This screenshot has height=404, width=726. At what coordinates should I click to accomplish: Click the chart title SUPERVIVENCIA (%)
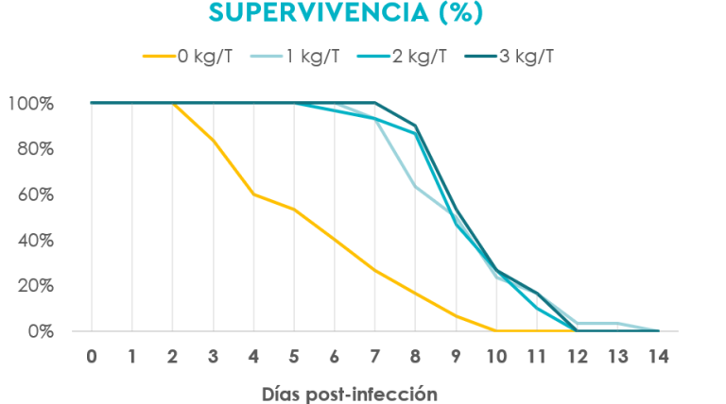coord(346,12)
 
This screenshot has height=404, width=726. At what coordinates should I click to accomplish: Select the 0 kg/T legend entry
coord(187,57)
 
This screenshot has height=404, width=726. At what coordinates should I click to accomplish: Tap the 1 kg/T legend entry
coord(295,57)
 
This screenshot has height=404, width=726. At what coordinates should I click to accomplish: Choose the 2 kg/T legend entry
coord(402,57)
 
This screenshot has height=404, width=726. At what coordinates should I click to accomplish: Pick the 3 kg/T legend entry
coord(510,57)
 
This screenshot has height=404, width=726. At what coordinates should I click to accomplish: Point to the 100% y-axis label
coord(31,104)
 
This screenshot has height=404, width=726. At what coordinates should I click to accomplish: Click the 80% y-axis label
coord(36,149)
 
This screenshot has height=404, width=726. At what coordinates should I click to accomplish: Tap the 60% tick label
coord(36,194)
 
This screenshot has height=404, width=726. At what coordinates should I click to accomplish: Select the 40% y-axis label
coord(36,241)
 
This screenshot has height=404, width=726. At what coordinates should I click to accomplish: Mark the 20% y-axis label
coord(36,286)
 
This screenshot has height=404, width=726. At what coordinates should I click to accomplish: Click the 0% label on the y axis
coord(41,331)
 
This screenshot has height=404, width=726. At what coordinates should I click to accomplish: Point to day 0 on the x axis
coord(92,357)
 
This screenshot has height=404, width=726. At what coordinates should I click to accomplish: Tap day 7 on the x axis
coord(374,357)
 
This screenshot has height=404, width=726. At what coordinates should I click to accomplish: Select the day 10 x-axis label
coord(496,357)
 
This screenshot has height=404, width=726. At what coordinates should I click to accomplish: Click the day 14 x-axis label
coord(658,357)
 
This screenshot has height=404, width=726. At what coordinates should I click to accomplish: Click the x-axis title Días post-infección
coord(350,395)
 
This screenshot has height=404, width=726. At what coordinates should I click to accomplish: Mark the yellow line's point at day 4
coord(253,194)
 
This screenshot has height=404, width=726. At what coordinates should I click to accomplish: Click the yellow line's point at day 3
coord(213,140)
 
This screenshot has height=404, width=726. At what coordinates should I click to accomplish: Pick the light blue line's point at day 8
coord(415,186)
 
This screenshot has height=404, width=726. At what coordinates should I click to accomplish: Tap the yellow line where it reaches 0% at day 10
coord(496,331)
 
